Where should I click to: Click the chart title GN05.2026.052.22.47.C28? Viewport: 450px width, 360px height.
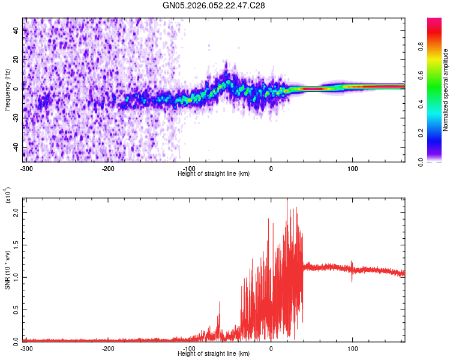pos(214,5)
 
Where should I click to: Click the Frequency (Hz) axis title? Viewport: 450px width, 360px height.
pos(7,90)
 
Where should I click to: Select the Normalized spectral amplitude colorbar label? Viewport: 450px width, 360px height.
pos(446,90)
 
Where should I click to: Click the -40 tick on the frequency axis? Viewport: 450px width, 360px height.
pos(16,147)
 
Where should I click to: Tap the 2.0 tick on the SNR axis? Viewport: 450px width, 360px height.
pos(16,212)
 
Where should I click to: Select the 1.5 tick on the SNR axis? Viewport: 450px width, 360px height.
pos(16,245)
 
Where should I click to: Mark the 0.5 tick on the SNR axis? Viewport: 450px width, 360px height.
pos(16,309)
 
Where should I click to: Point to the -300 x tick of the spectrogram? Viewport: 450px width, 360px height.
pos(26,169)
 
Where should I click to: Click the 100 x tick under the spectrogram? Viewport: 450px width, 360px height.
pos(353,169)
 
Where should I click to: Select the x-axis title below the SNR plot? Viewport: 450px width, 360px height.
pos(214,354)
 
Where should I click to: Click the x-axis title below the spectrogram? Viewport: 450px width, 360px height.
pos(214,174)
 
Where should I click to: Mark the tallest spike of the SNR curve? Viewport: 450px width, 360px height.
pos(287,199)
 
